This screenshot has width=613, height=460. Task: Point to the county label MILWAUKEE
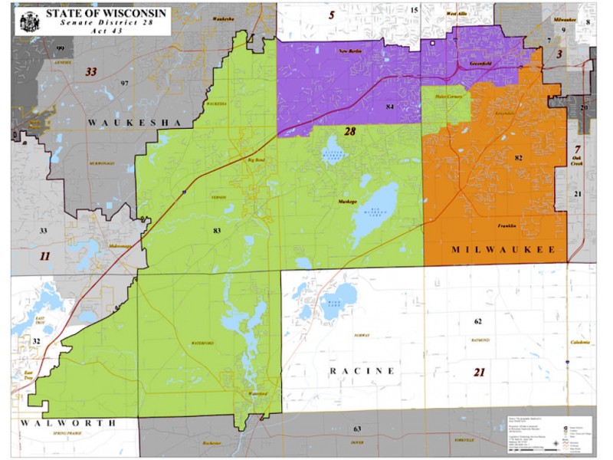tap(503, 250)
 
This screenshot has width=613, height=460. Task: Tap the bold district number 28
tap(349, 132)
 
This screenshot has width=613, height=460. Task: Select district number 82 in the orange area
tap(518, 157)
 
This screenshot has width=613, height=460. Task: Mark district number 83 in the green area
tap(217, 229)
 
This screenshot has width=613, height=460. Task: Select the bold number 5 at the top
tap(331, 15)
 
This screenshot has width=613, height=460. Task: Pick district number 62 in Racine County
tap(477, 320)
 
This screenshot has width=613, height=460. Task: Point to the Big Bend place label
tap(255, 160)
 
